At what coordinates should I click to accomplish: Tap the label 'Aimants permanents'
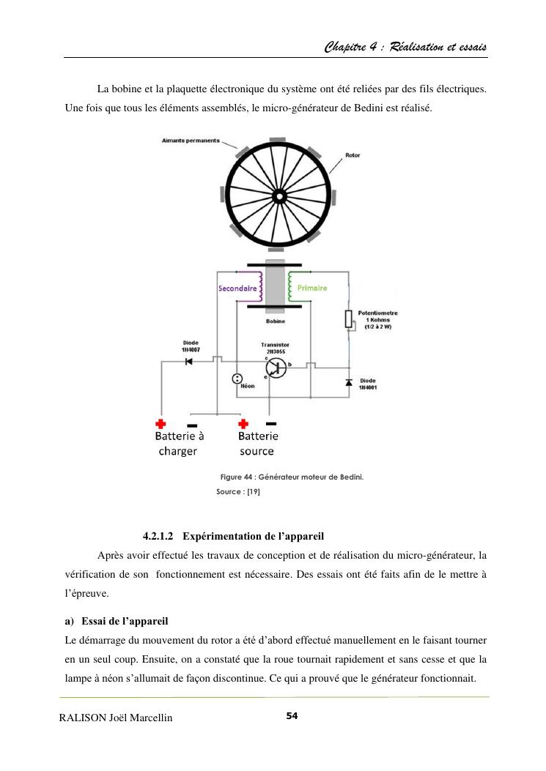tap(191, 141)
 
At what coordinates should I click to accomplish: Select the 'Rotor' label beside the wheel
tap(352, 155)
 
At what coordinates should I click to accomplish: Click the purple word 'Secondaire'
tap(237, 288)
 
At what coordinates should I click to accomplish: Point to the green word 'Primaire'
tap(312, 288)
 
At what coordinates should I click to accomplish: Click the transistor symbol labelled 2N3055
tap(276, 369)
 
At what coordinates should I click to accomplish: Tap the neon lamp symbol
tap(237, 379)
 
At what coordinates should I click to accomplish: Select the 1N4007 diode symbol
tap(188, 361)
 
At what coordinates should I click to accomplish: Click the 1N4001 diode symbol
tap(349, 382)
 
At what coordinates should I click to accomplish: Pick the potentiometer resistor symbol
tap(349, 320)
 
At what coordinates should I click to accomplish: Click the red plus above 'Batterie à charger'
tap(161, 424)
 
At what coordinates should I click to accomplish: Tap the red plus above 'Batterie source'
tap(243, 424)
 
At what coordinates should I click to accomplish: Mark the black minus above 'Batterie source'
tap(271, 423)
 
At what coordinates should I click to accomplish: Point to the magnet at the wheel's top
tap(277, 139)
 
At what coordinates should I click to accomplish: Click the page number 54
tap(292, 715)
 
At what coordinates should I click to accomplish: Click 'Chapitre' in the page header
tap(347, 48)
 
